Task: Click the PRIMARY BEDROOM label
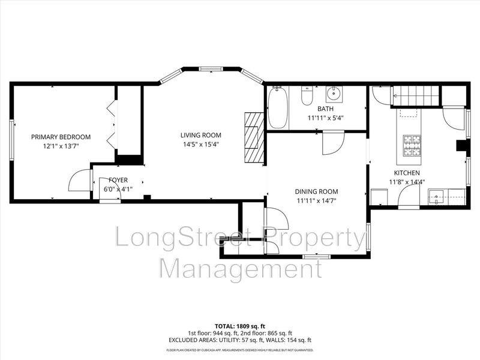pyautogui.click(x=61, y=137)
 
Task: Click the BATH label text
pyautogui.click(x=325, y=109)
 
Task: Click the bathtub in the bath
pyautogui.click(x=277, y=108)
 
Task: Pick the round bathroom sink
pyautogui.click(x=334, y=94)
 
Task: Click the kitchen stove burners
pyautogui.click(x=412, y=145)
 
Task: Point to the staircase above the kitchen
pyautogui.click(x=416, y=95)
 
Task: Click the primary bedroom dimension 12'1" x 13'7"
pyautogui.click(x=61, y=146)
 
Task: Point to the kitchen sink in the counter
pyautogui.click(x=437, y=194)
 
